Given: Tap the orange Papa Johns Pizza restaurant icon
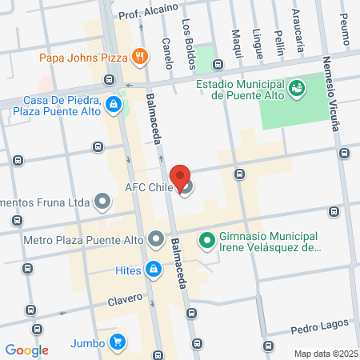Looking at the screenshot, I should pos(140,56).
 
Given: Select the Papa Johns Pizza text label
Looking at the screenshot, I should pos(83,57).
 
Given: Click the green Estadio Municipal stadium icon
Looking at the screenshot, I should pos(297,86).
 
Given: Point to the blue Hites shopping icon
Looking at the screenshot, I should pos(152,270).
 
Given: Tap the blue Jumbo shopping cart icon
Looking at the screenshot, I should pos(118,342).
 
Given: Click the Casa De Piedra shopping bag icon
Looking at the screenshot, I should pos(114,104).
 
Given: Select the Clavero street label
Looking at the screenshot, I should pos(122,300).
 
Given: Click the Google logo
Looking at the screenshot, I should pos(26,350).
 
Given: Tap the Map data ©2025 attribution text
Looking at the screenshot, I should pos(325,354).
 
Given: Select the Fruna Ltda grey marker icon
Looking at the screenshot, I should pos(102,200).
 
